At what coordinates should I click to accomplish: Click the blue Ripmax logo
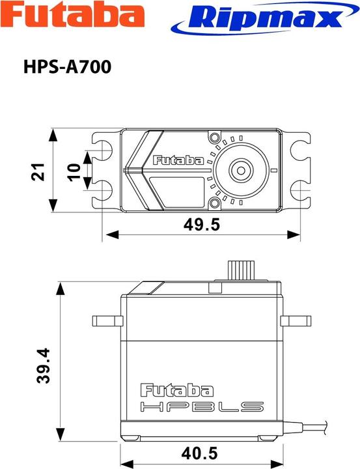click(x=256, y=18)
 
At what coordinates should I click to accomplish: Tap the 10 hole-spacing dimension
click(x=74, y=171)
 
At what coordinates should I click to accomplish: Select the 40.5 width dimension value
click(x=201, y=452)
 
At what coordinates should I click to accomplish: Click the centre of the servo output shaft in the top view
click(x=240, y=171)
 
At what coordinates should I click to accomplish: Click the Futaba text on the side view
click(x=177, y=390)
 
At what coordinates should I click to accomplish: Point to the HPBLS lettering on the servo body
click(x=202, y=408)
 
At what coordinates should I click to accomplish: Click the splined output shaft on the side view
click(x=240, y=271)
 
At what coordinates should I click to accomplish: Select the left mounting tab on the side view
click(x=107, y=320)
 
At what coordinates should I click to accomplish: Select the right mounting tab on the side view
click(x=296, y=320)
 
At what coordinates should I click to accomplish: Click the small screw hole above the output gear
click(x=214, y=137)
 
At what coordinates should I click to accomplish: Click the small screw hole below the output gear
click(x=214, y=204)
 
